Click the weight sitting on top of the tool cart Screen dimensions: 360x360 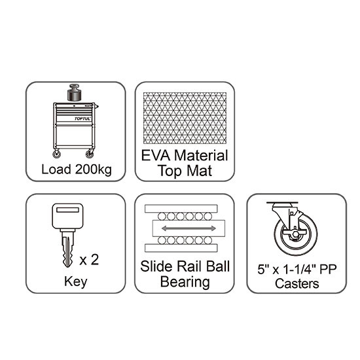tap(75, 92)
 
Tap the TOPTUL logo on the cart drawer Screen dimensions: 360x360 tap(82, 118)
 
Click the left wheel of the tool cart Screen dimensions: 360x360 tap(56, 154)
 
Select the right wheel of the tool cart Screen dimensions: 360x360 tap(90, 154)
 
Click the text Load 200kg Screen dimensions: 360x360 tap(77, 170)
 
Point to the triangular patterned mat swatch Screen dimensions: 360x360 tap(185, 118)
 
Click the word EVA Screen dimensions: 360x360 tap(156, 155)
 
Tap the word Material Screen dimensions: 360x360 tap(201, 155)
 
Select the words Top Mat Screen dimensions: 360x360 tap(185, 171)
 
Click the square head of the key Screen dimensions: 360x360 tap(67, 216)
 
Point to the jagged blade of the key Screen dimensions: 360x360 tap(68, 249)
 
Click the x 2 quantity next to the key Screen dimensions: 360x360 tap(89, 260)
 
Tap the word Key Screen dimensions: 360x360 tap(75, 281)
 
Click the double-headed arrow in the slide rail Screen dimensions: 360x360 tap(189, 228)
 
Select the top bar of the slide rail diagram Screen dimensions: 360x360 tap(181, 208)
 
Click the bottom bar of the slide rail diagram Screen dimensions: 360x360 tap(181, 248)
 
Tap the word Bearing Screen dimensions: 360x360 tap(185, 282)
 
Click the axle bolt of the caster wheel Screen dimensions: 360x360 tap(295, 234)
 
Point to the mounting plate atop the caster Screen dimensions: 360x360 tap(282, 203)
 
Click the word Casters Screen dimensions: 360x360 tap(297, 283)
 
